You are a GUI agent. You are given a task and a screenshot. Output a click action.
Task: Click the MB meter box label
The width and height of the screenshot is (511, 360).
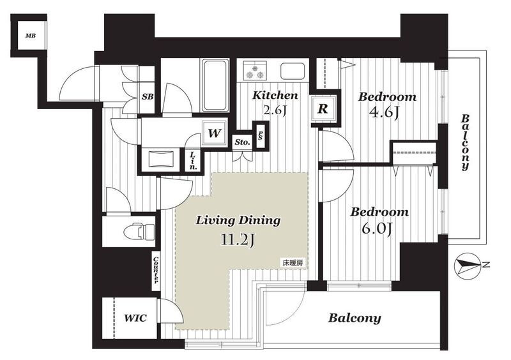coord(31,36)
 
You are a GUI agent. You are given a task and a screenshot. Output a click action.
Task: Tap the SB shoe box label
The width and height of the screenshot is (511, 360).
coord(148,96)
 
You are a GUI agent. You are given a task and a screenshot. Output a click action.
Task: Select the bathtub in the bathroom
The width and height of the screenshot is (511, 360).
coord(215,86)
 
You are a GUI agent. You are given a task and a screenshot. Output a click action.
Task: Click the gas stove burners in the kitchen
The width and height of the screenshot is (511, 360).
coord(255,71)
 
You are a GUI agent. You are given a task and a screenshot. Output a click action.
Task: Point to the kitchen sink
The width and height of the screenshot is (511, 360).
coord(293,71)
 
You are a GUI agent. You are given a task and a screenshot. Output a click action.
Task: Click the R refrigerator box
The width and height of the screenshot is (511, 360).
coord(323,109)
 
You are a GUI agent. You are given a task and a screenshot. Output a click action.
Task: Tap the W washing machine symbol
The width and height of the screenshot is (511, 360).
coord(214,133)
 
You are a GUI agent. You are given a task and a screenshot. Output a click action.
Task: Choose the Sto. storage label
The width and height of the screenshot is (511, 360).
coord(243,142)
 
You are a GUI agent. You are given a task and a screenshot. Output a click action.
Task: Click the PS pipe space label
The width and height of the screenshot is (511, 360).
coord(261,135)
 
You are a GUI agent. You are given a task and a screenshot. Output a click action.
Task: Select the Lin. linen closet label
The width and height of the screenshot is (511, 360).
coord(194,161)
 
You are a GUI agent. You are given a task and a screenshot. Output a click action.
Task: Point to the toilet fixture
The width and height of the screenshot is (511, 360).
coord(139,231)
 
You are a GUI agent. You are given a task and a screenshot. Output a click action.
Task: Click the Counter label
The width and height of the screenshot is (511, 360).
coord(156,270)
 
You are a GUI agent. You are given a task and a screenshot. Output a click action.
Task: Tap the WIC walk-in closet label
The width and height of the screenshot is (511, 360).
coord(135,318)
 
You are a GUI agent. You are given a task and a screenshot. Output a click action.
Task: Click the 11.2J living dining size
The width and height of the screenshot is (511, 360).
coord(238,241)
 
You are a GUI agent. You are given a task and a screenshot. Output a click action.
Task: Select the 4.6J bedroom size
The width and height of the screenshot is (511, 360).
coord(384,112)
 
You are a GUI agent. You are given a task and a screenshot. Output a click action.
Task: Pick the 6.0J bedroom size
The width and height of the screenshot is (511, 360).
coord(376,228)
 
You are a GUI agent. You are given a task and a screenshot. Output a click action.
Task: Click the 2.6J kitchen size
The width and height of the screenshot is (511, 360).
coord(275,110)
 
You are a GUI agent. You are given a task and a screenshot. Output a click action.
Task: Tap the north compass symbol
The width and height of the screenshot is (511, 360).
coord(468,264)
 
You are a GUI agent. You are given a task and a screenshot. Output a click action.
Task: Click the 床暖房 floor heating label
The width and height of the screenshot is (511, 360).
coord(293,263)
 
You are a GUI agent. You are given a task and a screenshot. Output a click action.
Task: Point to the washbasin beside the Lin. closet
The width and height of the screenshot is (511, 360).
coord(160,159)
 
